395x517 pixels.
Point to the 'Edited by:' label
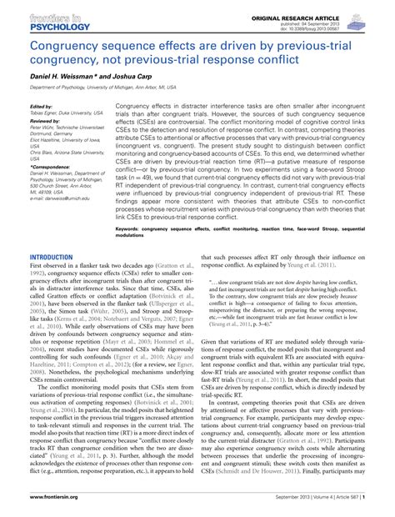(41, 108)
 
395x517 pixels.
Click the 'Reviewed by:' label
(45, 121)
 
